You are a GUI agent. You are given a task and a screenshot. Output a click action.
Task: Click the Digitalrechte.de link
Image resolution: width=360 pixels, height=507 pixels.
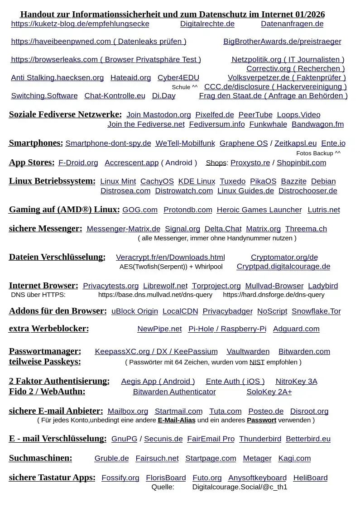tap(207, 24)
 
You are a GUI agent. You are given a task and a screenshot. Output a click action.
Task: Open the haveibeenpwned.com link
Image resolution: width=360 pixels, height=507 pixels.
tap(98, 42)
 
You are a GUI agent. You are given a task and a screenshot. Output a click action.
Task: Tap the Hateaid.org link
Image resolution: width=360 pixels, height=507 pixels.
tap(130, 78)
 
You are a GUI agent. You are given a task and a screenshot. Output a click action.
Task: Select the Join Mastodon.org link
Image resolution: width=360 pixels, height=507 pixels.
tap(158, 115)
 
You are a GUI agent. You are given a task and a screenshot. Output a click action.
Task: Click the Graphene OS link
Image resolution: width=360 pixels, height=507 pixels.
tap(243, 143)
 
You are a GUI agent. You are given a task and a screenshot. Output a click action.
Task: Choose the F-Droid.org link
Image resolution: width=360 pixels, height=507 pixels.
tap(78, 163)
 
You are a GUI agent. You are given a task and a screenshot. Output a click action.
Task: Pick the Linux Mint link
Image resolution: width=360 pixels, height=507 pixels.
tap(118, 182)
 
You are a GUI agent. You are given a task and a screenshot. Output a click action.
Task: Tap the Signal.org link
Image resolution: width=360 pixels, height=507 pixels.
tap(182, 229)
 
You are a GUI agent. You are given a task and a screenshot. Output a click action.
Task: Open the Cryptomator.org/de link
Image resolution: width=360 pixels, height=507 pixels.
tap(284, 258)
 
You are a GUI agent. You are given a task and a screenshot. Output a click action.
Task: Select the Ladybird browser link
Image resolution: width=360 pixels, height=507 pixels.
tap(323, 286)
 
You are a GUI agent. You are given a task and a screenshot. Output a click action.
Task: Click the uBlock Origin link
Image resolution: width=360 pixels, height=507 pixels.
tap(134, 311)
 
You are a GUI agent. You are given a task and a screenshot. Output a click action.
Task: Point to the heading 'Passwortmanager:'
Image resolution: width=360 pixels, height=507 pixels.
tap(45, 351)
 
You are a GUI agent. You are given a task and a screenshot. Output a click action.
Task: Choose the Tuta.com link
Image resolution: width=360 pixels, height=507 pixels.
tap(225, 411)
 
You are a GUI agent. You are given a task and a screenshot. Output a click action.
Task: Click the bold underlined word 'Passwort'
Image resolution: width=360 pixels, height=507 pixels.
tap(261, 420)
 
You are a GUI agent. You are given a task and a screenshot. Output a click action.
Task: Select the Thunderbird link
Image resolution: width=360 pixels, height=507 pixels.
tap(260, 439)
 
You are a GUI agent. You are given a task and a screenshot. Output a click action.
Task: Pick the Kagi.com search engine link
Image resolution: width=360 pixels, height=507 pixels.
tap(294, 459)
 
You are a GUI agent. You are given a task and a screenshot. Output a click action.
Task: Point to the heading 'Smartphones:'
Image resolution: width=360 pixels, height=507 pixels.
tap(36, 143)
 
